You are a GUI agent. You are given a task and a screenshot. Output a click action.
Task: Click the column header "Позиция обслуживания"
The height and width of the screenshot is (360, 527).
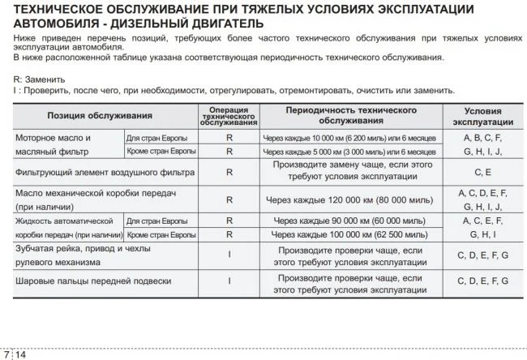[100, 116]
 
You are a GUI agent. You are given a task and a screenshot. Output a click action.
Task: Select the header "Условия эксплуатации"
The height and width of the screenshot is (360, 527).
[482, 116]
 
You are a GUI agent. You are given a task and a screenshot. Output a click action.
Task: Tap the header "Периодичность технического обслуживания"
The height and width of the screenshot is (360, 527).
[350, 115]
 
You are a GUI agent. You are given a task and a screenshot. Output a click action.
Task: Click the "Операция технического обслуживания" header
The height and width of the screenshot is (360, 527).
[229, 116]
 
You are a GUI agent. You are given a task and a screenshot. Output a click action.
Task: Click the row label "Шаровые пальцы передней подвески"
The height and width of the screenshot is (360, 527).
[93, 281]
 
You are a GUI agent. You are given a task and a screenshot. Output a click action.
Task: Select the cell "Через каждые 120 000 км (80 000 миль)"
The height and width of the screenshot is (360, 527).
[350, 199]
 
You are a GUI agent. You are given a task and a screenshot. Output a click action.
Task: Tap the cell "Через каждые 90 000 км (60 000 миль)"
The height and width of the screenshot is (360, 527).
[350, 221]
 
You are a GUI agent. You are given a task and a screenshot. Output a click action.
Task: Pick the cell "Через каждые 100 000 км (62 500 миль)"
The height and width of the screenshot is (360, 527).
[350, 234]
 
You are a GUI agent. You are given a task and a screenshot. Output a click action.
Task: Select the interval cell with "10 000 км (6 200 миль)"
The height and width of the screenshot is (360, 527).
[350, 138]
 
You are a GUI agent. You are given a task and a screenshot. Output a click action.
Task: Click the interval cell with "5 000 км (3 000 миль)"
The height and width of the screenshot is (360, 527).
[350, 152]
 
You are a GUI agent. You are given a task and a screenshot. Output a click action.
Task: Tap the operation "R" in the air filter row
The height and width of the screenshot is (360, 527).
[229, 172]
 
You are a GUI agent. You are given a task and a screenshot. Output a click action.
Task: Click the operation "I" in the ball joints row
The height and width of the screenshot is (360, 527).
[229, 281]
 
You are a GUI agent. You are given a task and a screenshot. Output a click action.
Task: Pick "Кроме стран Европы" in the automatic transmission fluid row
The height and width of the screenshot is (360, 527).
[160, 234]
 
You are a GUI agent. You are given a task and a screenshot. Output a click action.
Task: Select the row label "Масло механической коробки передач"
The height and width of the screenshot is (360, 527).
[96, 192]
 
